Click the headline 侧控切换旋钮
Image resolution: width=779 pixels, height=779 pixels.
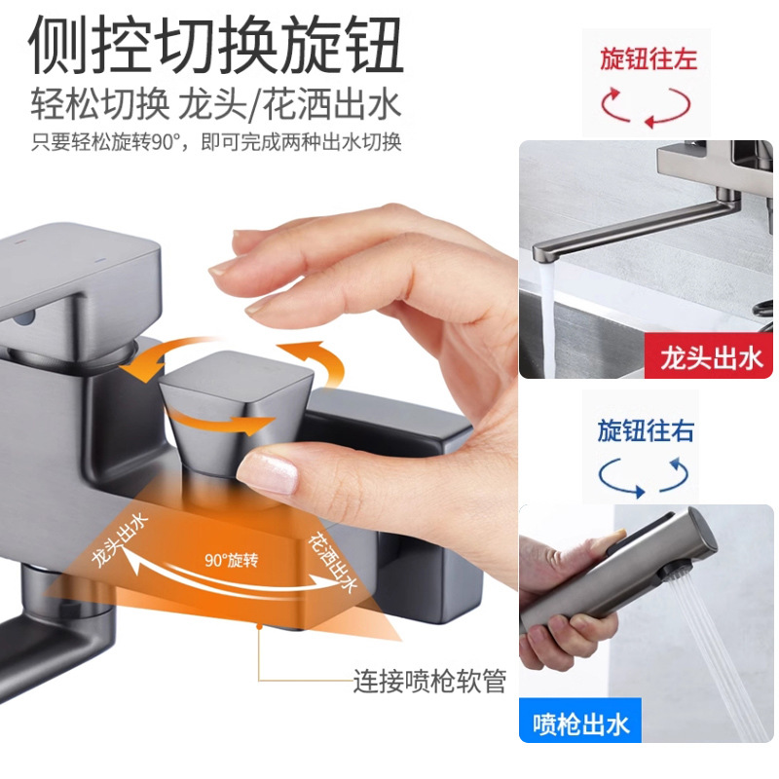[x=215, y=46]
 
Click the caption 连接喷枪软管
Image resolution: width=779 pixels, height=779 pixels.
[x=428, y=681]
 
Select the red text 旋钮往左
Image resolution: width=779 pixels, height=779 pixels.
[x=648, y=59]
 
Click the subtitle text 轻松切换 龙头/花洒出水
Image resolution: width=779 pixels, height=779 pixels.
[x=215, y=105]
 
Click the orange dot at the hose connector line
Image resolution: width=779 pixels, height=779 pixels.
[x=258, y=629]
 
